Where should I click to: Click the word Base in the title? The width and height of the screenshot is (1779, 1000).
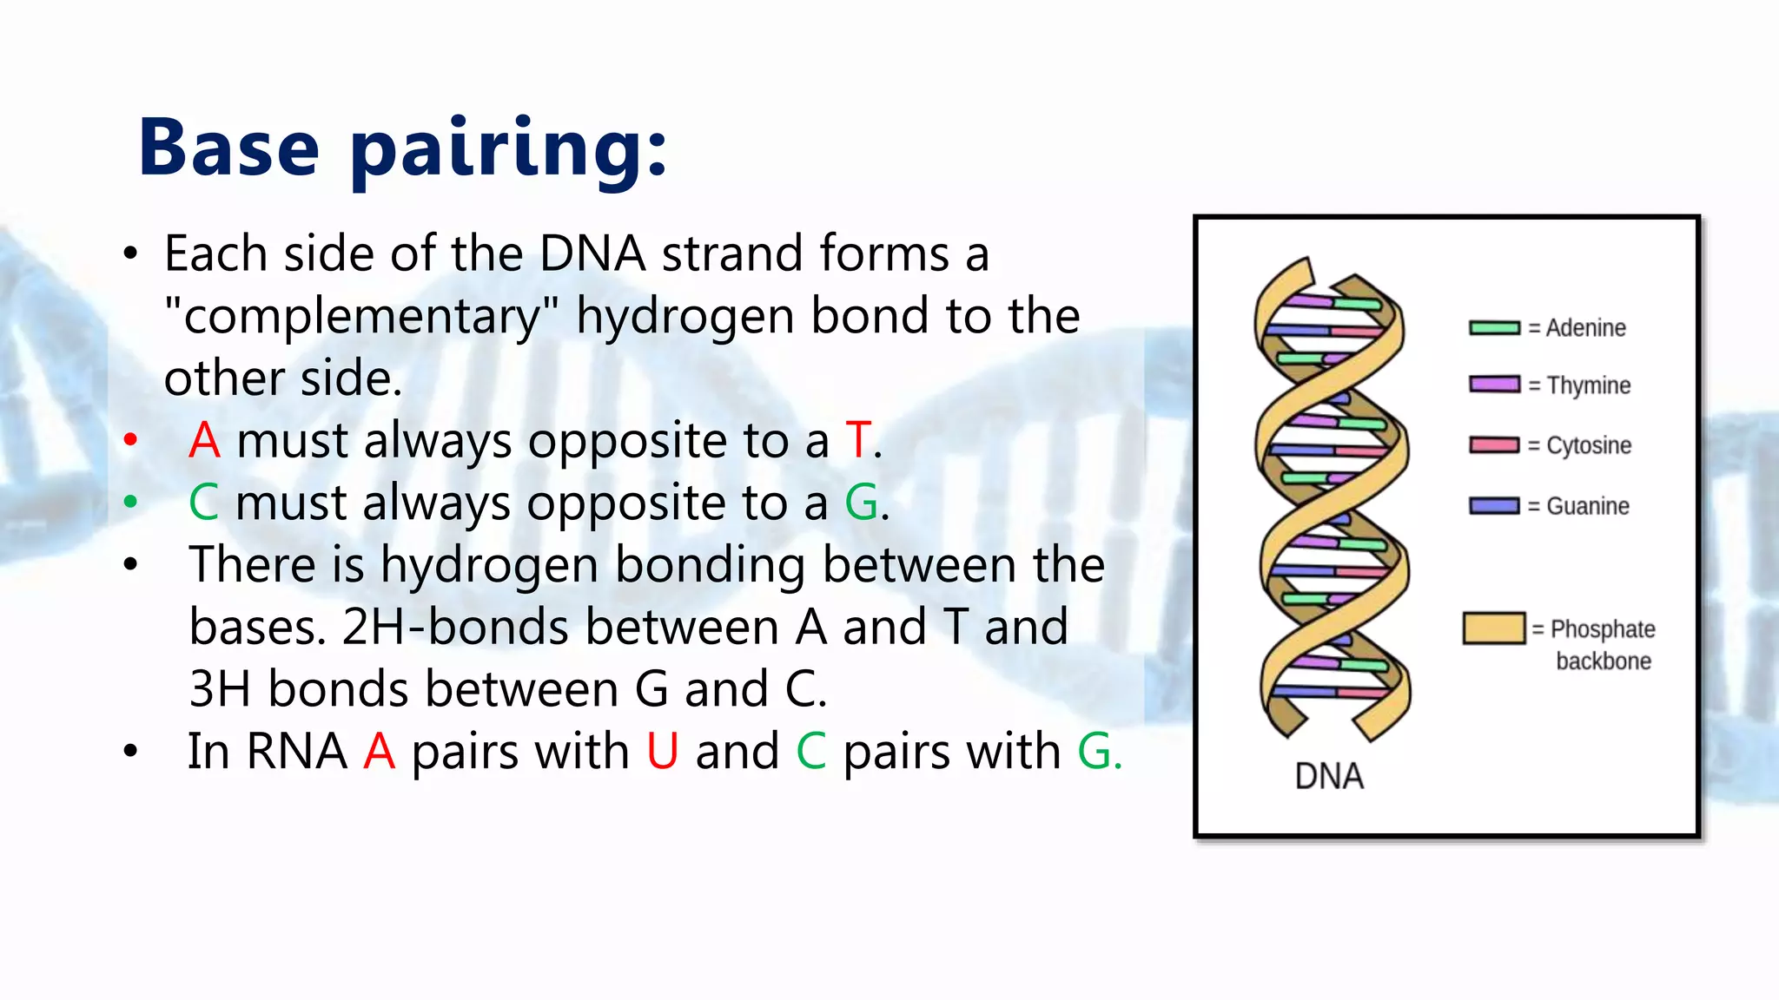(229, 148)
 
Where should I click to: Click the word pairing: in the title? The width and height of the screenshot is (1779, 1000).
(509, 150)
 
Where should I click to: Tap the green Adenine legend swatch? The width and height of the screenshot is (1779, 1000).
(1494, 328)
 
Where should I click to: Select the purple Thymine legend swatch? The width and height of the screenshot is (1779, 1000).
(1494, 385)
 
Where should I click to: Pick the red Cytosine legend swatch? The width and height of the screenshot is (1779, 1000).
(1494, 445)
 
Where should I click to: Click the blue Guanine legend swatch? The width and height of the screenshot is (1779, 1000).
(1494, 506)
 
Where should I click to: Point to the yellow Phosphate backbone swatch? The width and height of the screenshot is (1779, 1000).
(1493, 628)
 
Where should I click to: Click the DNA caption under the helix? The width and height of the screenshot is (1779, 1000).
(1328, 776)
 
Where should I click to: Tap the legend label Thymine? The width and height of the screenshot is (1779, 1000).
(1588, 385)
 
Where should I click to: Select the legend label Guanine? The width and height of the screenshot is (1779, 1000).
(1587, 506)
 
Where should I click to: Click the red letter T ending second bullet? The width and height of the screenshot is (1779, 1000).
(858, 440)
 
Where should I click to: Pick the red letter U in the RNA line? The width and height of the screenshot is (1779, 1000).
(662, 752)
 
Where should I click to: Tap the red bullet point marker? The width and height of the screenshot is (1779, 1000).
(130, 439)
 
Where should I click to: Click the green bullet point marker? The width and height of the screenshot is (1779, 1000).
(130, 501)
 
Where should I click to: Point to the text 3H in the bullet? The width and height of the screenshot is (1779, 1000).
(220, 689)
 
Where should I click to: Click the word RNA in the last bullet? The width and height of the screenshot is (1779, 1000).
(296, 752)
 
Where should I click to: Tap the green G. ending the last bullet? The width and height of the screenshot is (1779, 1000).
(1099, 752)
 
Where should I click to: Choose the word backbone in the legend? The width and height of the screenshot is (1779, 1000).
(1603, 661)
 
